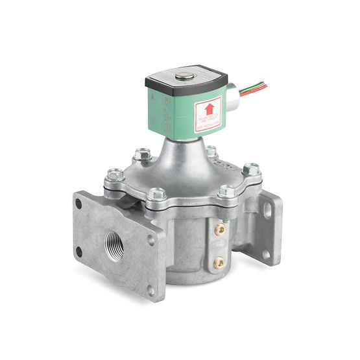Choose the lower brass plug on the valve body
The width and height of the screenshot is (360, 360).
[x=219, y=263]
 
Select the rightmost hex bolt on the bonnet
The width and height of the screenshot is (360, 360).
[x=252, y=169]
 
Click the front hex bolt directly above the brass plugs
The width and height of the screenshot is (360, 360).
[x=226, y=191]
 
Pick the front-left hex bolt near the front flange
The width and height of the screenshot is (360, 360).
[x=156, y=195]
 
